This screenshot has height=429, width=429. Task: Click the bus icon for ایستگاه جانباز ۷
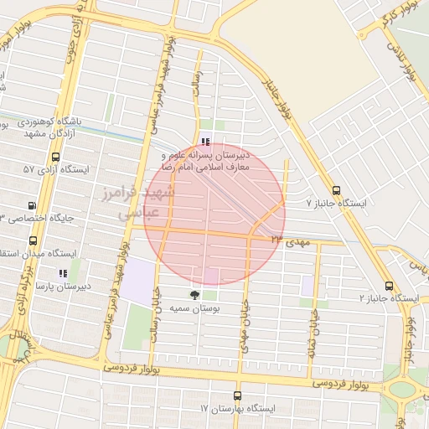(336, 190)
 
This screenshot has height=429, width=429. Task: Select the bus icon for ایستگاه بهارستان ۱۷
(237, 395)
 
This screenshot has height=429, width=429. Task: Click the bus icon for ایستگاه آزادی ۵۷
(55, 157)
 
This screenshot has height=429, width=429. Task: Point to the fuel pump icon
(33, 205)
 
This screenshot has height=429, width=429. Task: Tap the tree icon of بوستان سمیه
(194, 294)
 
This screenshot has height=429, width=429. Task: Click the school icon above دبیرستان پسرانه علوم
(206, 141)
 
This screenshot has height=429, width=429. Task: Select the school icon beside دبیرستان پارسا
(61, 272)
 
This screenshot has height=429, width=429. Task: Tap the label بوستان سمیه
(194, 309)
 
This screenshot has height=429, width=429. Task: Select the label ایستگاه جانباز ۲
(389, 298)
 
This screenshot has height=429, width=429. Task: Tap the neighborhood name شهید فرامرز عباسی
(151, 203)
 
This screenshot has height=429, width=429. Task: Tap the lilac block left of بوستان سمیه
(140, 277)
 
